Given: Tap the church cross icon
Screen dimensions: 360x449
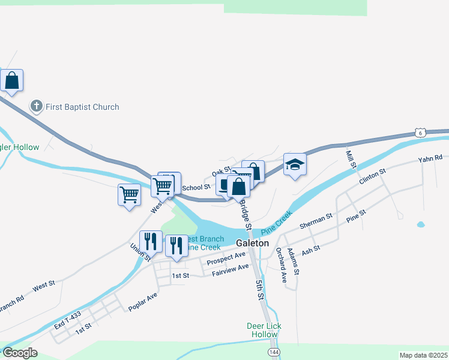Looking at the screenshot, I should point(36,107).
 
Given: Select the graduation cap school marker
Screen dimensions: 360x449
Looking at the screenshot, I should point(295,164).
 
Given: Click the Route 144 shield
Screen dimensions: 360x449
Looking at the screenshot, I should point(273,352).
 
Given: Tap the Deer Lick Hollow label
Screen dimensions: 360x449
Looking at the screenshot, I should point(264,330).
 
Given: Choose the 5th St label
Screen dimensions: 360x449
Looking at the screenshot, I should point(259,289).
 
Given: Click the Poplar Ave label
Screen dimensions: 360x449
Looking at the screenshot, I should point(142,302).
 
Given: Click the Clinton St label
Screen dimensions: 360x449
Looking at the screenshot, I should point(372,176).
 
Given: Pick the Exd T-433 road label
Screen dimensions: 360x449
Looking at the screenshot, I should point(67,322).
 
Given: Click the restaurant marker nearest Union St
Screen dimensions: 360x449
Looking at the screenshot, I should point(151,241).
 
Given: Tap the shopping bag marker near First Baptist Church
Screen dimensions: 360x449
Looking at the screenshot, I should point(11,80).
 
